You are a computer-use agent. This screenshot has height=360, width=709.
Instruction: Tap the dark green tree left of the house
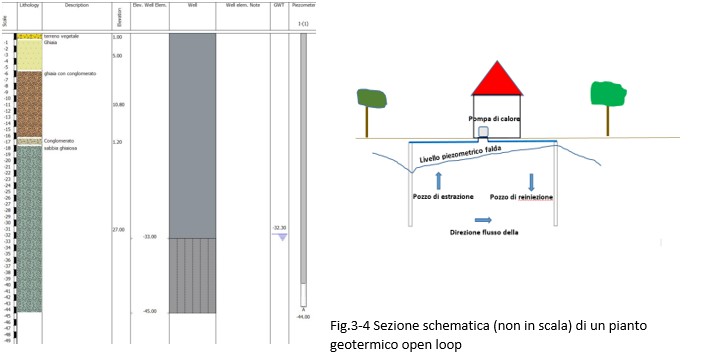(x=371, y=98)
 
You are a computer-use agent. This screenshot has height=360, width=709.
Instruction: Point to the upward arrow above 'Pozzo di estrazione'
(x=439, y=180)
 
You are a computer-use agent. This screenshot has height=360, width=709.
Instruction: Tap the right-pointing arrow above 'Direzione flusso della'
(x=483, y=221)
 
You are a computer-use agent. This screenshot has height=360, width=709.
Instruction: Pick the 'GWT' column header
(x=279, y=5)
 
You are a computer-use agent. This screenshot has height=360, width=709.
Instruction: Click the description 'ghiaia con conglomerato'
(x=67, y=74)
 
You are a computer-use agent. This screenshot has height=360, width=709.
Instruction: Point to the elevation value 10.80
(x=118, y=104)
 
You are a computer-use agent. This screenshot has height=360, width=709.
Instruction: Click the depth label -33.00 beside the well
(x=150, y=237)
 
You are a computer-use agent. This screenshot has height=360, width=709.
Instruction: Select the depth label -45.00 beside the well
(x=150, y=311)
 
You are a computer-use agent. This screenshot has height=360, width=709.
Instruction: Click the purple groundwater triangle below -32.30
(x=281, y=236)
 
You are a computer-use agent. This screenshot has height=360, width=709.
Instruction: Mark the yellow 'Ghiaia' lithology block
(x=26, y=55)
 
